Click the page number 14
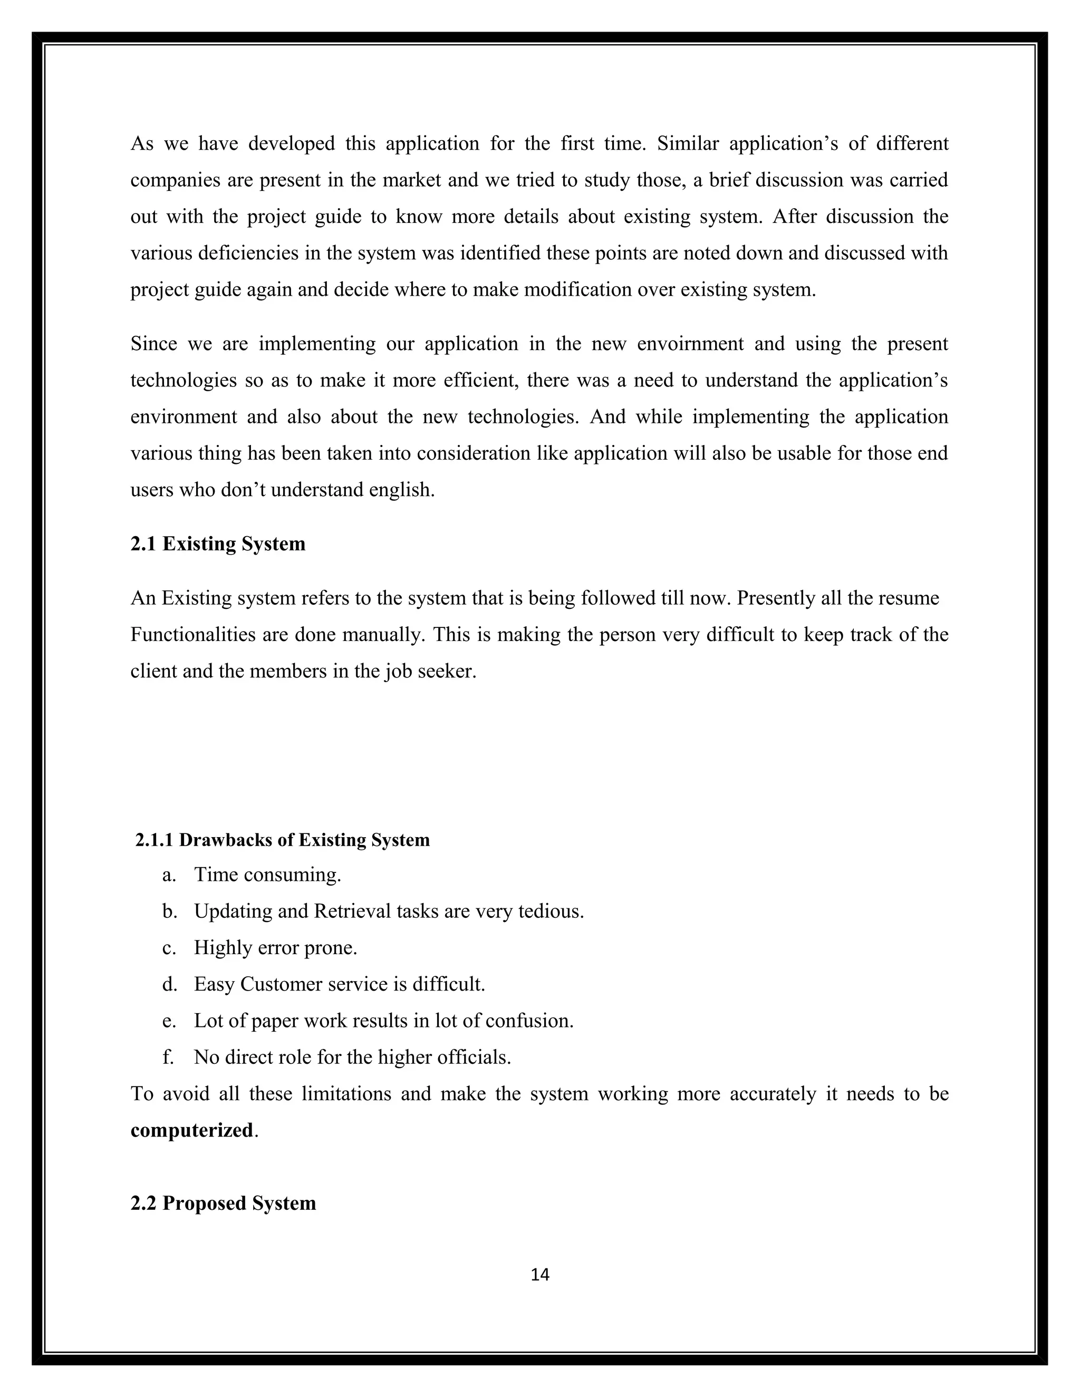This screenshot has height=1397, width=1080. coord(540,1275)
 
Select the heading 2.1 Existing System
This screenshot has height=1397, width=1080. coord(218,544)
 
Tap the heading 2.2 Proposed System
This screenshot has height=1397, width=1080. coord(223,1203)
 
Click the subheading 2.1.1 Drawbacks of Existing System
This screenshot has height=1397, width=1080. coord(282,840)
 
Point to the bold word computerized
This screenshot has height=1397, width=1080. coord(192,1130)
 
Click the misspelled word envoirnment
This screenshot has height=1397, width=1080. coord(690,344)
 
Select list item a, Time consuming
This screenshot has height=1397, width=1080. coord(267,875)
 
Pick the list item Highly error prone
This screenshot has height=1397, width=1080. coord(275,947)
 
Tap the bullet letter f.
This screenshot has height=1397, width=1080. coord(168,1056)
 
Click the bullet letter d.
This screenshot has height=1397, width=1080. coord(169,984)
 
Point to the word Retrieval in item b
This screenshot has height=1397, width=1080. coord(352,911)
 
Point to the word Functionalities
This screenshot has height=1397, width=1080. coord(194,635)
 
